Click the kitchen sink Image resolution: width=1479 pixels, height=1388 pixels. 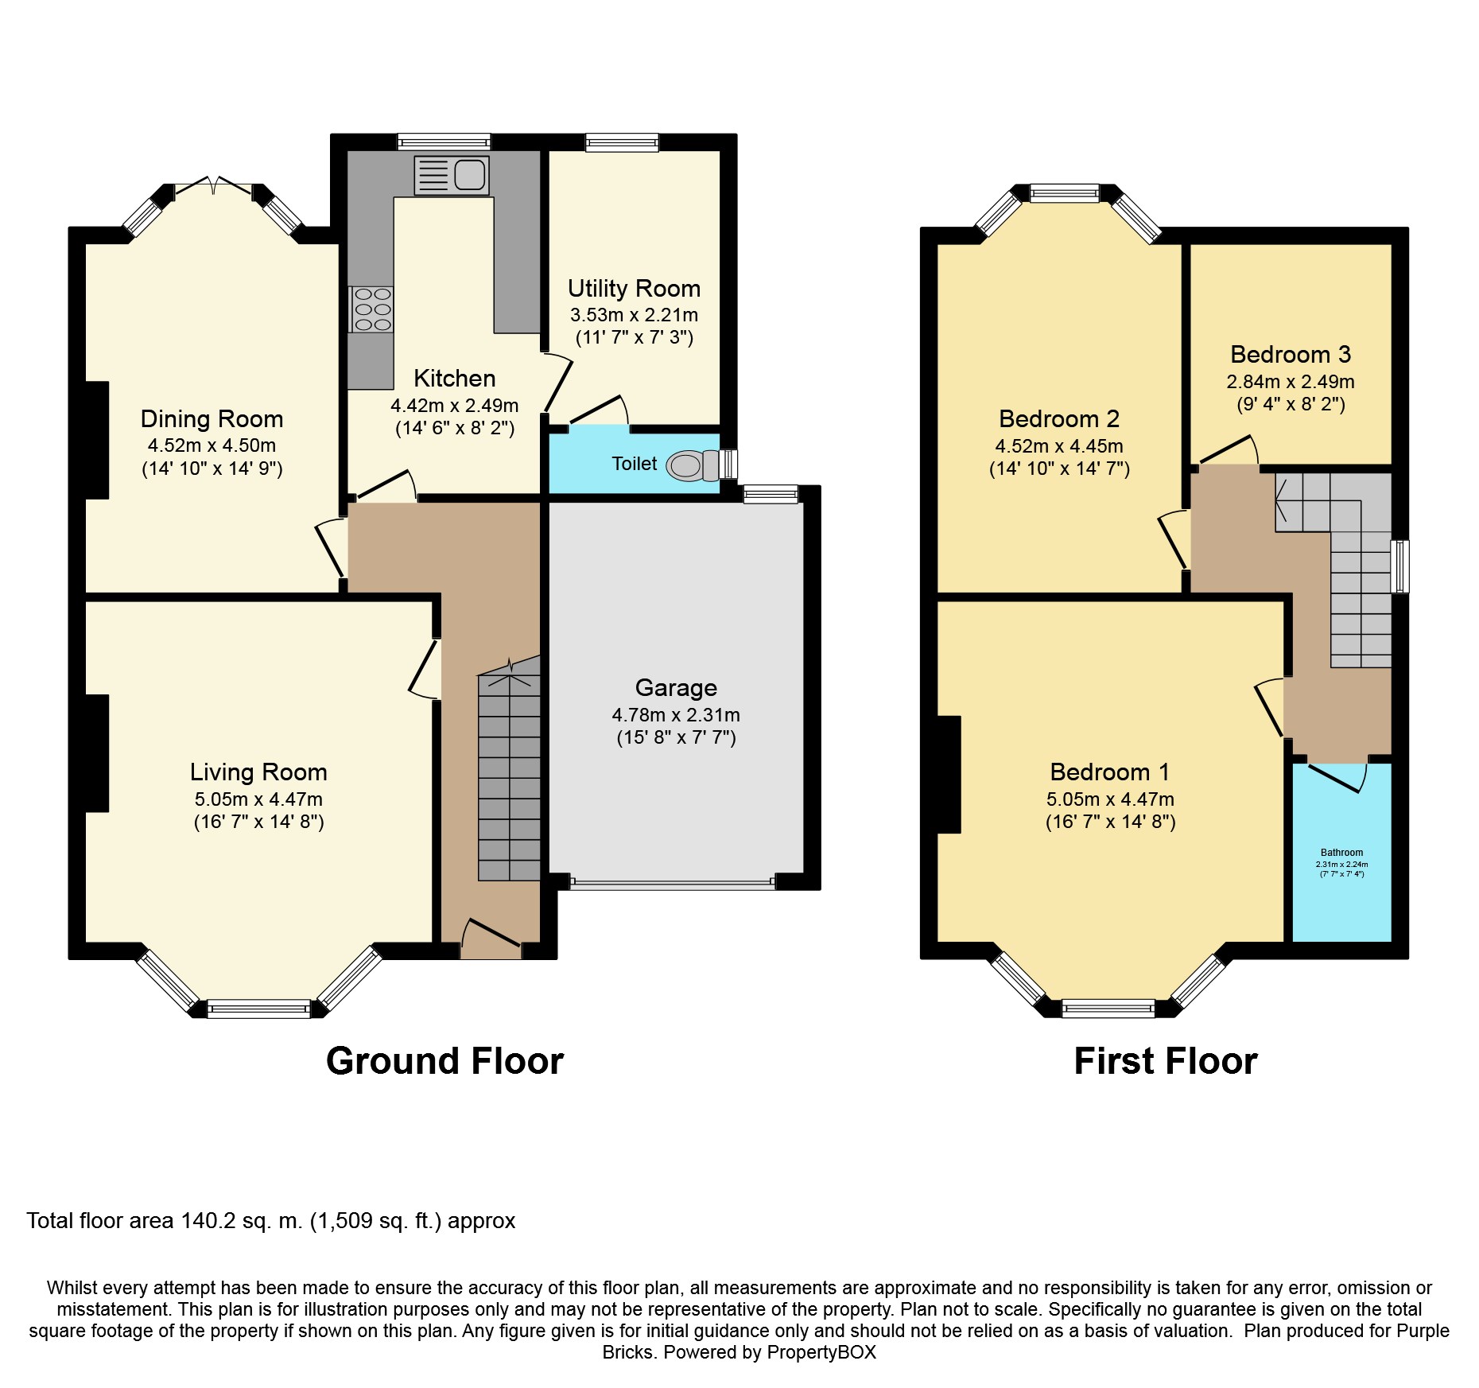pyautogui.click(x=451, y=175)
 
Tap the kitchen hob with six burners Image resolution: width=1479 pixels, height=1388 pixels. pyautogui.click(x=371, y=309)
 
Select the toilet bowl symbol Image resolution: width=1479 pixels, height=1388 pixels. pyautogui.click(x=693, y=465)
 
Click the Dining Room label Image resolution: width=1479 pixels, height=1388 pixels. pyautogui.click(x=212, y=419)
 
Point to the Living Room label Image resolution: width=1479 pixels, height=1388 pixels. pyautogui.click(x=258, y=772)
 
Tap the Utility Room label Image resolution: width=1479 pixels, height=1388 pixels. pyautogui.click(x=634, y=289)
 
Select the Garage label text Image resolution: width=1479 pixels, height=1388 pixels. pyautogui.click(x=676, y=688)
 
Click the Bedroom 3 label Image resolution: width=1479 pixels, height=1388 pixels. pyautogui.click(x=1290, y=355)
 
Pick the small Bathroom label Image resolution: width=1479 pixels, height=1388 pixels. pyautogui.click(x=1341, y=853)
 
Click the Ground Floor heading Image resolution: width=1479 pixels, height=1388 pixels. pyautogui.click(x=444, y=1061)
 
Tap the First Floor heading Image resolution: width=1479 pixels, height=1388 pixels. pyautogui.click(x=1166, y=1061)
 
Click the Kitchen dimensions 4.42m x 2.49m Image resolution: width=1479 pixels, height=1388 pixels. pyautogui.click(x=454, y=406)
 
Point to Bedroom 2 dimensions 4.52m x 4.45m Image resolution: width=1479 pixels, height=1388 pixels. pyautogui.click(x=1059, y=446)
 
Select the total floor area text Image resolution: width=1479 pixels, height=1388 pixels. pyautogui.click(x=271, y=1221)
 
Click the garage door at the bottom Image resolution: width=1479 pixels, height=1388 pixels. pyautogui.click(x=672, y=882)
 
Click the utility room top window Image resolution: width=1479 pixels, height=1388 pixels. pyautogui.click(x=622, y=142)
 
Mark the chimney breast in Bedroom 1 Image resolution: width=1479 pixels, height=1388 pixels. pyautogui.click(x=949, y=775)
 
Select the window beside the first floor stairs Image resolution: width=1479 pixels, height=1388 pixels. pyautogui.click(x=1400, y=566)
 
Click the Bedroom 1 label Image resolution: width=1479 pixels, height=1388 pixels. pyautogui.click(x=1109, y=772)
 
